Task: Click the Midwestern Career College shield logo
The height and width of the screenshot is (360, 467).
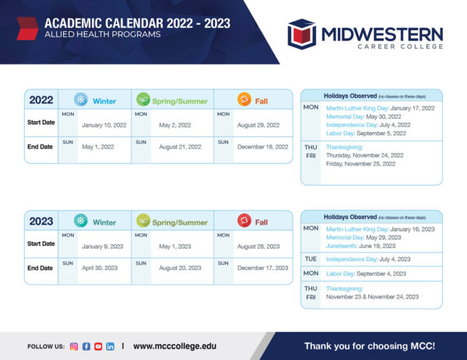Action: (301, 33)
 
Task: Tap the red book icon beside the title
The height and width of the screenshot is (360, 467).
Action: (26, 29)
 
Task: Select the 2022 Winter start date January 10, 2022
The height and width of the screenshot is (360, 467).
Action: (104, 125)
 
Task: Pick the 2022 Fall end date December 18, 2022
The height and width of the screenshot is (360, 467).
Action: (262, 147)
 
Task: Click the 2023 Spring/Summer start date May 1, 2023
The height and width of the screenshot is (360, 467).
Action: (175, 246)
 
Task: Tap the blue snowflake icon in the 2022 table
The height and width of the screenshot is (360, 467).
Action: (80, 100)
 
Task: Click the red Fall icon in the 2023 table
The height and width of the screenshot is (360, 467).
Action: (244, 221)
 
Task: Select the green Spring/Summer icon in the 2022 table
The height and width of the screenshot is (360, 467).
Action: (142, 100)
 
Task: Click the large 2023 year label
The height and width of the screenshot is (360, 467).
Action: (41, 222)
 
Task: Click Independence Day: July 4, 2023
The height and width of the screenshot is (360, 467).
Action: (368, 259)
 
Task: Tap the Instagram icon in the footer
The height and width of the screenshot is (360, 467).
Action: (74, 346)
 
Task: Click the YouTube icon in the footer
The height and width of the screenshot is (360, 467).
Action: (98, 346)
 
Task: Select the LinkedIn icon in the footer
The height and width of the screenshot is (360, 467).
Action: (110, 346)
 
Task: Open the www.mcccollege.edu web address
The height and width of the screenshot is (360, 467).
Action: (174, 346)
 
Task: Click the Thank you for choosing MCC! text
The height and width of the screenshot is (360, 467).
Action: (369, 345)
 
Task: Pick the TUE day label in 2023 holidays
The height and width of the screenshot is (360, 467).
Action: (311, 259)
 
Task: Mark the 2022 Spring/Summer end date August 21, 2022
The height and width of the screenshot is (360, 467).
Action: (181, 147)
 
